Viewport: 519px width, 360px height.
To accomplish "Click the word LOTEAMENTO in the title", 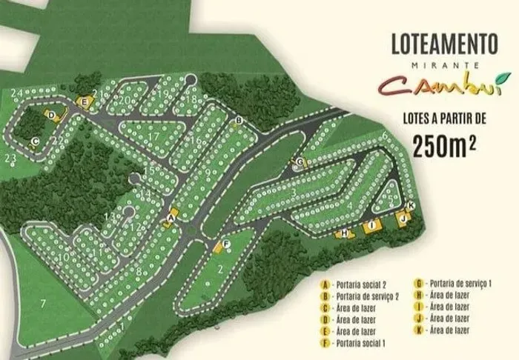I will [444, 43].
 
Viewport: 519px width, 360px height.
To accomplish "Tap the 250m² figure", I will [444, 146].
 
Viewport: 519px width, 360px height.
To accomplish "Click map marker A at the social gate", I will [171, 219].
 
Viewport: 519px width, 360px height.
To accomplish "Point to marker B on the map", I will [239, 119].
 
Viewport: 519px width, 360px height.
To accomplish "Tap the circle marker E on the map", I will [85, 101].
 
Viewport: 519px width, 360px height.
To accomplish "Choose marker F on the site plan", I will [226, 244].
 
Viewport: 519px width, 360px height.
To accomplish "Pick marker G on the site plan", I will [300, 161].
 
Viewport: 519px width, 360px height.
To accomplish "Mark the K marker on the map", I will [411, 205].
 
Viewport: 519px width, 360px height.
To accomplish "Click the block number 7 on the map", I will [43, 303].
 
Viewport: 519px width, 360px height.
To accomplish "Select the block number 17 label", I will [153, 136].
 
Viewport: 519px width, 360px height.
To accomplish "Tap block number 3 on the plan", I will [294, 193].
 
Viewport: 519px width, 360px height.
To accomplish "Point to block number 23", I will [10, 158].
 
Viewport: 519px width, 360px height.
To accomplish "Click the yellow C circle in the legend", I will [325, 308].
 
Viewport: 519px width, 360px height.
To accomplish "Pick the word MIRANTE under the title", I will [443, 64].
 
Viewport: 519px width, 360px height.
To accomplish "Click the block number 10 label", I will [65, 258].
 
